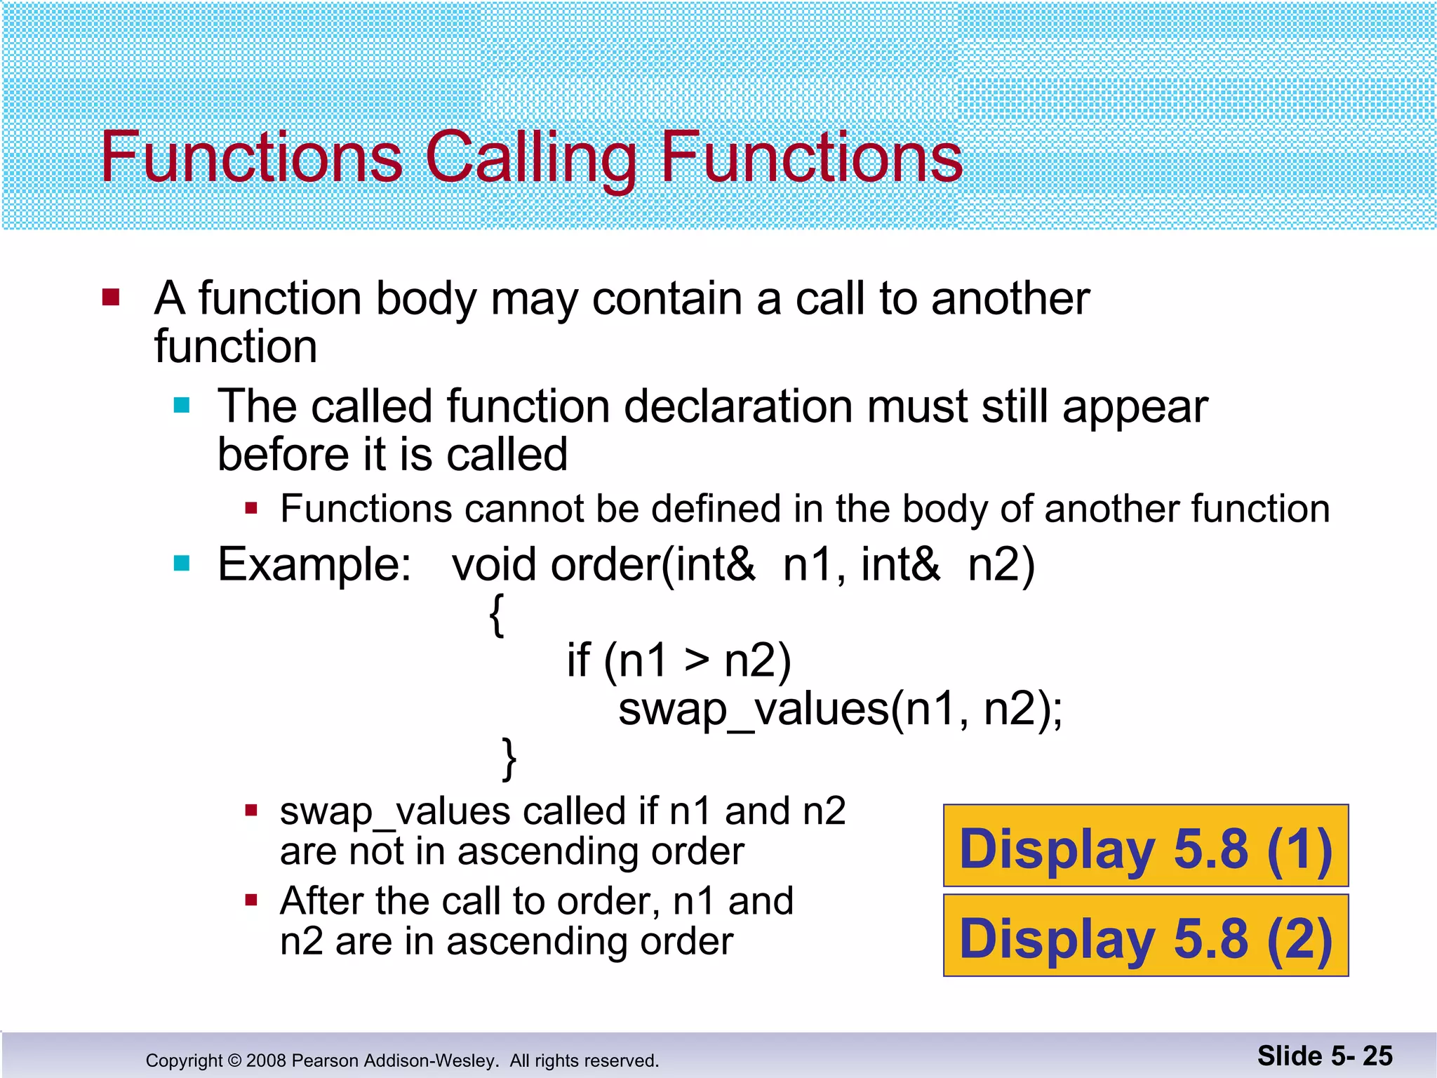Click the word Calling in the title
(530, 159)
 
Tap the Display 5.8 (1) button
(1145, 846)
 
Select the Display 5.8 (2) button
(1145, 936)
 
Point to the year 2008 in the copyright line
(266, 1060)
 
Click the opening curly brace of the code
(497, 615)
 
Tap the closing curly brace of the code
(509, 759)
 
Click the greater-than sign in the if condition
(697, 660)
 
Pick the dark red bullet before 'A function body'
(111, 298)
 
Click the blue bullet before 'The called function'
(182, 406)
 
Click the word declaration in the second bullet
(739, 406)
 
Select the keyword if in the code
(578, 660)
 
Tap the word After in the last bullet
(321, 901)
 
